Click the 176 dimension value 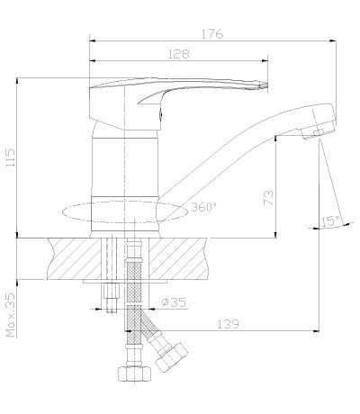(x=212, y=34)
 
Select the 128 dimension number (x=178, y=54)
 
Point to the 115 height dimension (x=10, y=157)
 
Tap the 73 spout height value (x=268, y=197)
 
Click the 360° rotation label (x=203, y=207)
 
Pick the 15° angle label (x=330, y=221)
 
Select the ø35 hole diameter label (x=174, y=301)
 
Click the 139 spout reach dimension (x=228, y=324)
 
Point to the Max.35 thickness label (x=10, y=315)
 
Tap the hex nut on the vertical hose (x=134, y=373)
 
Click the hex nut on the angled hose (x=172, y=356)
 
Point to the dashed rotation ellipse (x=125, y=222)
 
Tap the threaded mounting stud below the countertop (x=112, y=298)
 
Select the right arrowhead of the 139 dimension (x=316, y=331)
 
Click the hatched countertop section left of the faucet (x=74, y=258)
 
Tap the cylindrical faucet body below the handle (x=124, y=167)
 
